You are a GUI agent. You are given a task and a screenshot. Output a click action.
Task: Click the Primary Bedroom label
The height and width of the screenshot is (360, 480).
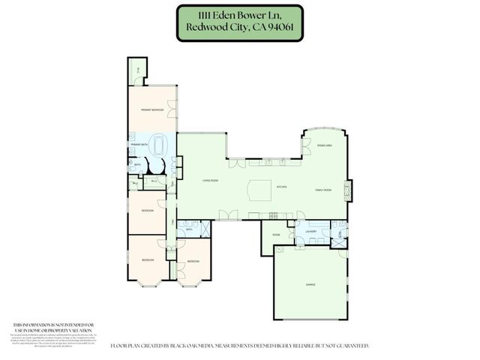tap(152, 110)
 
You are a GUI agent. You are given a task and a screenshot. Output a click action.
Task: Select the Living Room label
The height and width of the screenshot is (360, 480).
tap(210, 181)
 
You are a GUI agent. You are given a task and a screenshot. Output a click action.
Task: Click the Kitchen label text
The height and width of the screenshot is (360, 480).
tap(283, 187)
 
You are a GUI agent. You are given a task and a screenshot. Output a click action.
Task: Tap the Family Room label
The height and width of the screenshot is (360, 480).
tap(323, 190)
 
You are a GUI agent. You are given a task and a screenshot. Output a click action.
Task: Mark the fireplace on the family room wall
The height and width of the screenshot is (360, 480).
tap(346, 191)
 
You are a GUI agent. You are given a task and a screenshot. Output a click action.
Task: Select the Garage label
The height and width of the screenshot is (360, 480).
tap(309, 285)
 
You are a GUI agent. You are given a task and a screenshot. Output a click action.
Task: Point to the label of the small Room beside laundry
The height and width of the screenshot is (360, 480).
tap(276, 235)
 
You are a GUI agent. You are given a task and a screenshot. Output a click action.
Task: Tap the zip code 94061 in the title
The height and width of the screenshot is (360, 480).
tap(286, 32)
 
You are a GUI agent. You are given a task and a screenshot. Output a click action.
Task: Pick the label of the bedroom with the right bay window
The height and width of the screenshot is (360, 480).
tap(193, 261)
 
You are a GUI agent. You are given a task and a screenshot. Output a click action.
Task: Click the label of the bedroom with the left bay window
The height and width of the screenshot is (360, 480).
tap(148, 259)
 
